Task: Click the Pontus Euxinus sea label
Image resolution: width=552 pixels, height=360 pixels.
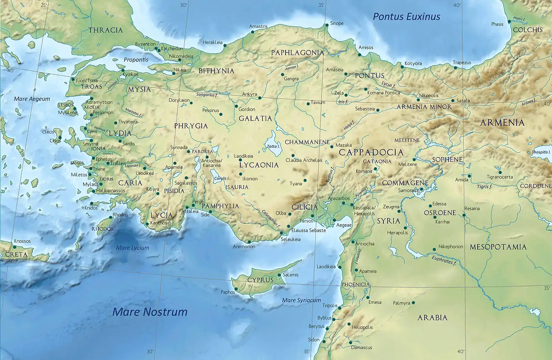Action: pos(406,17)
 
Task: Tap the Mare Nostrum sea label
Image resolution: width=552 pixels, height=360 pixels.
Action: pos(150,312)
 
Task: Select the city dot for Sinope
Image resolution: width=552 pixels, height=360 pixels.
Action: pos(326,25)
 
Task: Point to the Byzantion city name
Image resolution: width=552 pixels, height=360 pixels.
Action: pos(145,44)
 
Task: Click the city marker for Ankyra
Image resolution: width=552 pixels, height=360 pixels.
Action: pos(260,98)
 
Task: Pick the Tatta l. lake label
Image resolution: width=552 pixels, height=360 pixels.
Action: pos(273,146)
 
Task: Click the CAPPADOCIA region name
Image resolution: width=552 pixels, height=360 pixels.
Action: pos(371,152)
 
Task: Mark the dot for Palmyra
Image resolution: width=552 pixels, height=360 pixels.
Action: pos(413,303)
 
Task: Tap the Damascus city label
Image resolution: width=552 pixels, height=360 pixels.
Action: pos(361,347)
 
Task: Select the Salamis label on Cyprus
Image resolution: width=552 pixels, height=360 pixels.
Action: pos(291,275)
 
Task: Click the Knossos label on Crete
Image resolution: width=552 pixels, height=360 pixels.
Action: pos(22,241)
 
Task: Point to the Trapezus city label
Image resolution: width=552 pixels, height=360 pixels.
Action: pos(462,63)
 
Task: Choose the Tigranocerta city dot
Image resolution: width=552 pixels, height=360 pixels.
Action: pos(500,172)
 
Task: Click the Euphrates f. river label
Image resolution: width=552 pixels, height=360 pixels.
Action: pos(444,260)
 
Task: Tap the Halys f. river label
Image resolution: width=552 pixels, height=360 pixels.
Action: pos(349,125)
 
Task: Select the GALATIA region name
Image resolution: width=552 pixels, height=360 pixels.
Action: pos(255,118)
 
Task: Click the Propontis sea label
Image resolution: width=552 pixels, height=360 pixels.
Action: pos(136,60)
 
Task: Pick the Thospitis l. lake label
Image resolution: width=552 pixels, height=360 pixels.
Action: pos(541,152)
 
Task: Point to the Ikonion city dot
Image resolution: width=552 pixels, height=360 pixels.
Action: pos(241,174)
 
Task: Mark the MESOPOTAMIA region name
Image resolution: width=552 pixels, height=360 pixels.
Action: pos(498,247)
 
